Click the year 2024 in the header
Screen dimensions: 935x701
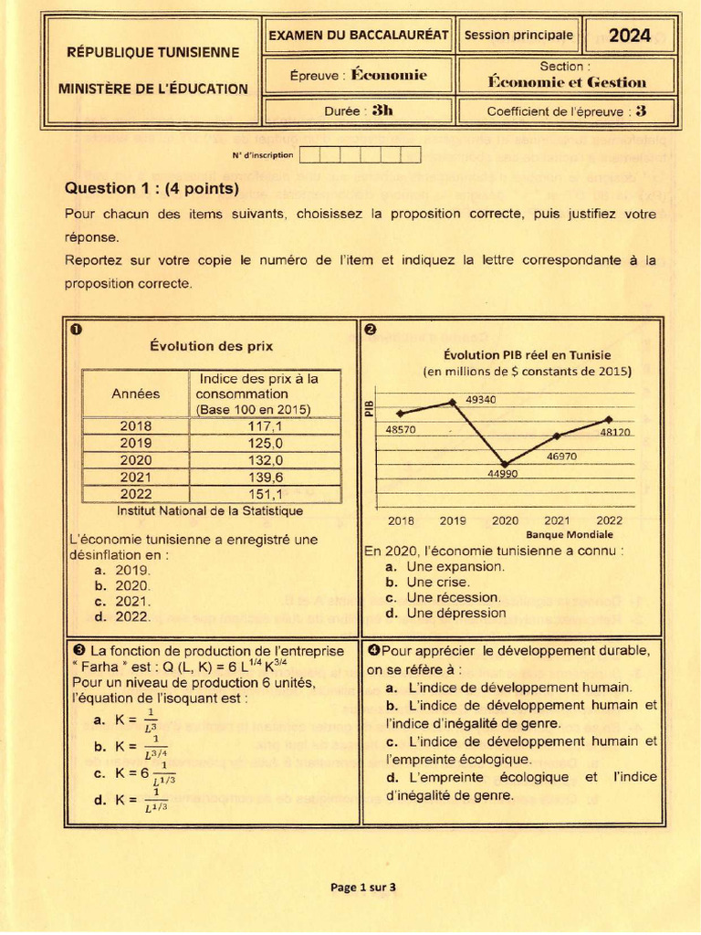click(x=630, y=36)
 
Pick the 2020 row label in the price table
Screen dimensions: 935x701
click(x=135, y=460)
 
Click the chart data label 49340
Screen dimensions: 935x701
click(x=481, y=400)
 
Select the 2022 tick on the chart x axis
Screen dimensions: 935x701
click(x=609, y=520)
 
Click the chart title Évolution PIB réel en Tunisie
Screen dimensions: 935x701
click(x=527, y=355)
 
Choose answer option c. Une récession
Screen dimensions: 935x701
click(x=443, y=597)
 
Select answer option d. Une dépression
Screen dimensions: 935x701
click(x=445, y=614)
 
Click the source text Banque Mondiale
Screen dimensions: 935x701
click(x=570, y=534)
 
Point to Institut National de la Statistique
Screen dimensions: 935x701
click(x=210, y=511)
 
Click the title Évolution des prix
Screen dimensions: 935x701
click(x=211, y=346)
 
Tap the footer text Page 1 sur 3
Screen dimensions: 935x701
click(x=362, y=887)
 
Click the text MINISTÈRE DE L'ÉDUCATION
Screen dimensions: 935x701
click(x=152, y=89)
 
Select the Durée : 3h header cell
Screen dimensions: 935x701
click(x=358, y=111)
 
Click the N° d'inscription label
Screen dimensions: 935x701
click(x=262, y=155)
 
